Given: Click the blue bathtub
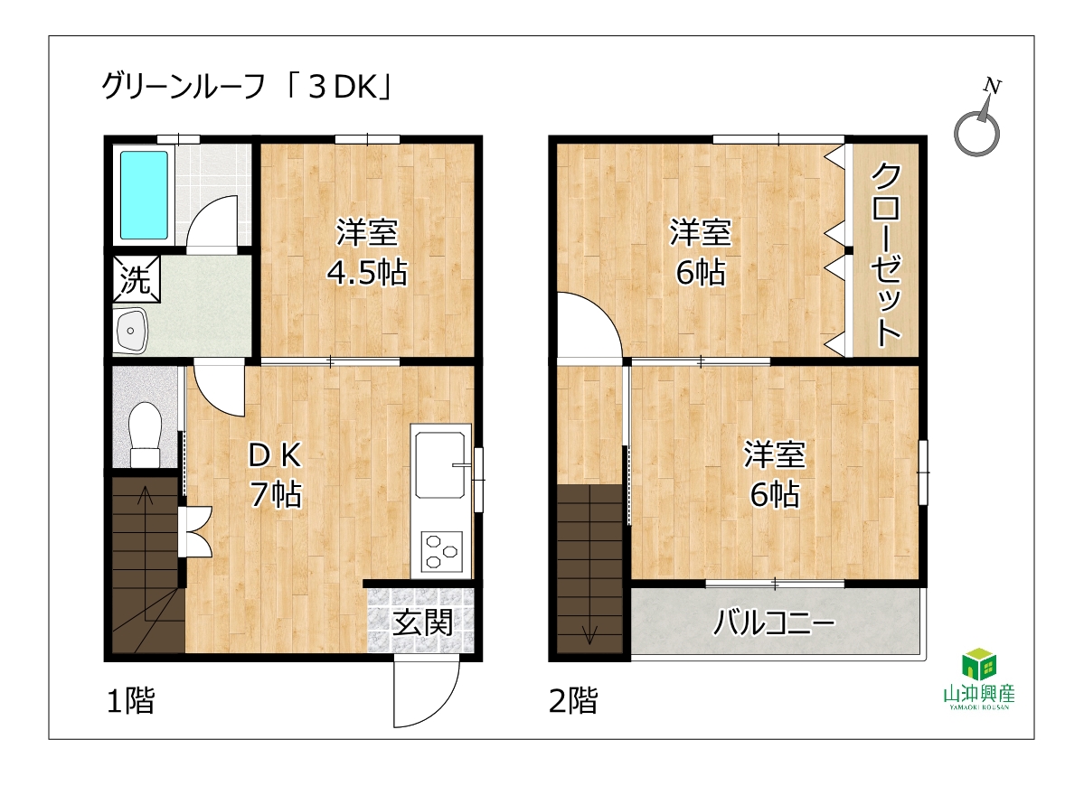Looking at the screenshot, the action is pos(144,195).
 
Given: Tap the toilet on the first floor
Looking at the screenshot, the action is pos(146,435).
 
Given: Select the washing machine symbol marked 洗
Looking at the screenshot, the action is pos(137,279).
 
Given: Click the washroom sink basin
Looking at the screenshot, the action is pos(131,331).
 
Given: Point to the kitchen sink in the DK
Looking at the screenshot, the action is pos(440,463).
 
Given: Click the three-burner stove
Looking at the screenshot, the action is pos(441,551).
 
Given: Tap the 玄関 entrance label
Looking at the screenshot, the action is pos(423,623).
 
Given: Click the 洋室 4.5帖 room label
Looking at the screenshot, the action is pos(367,252).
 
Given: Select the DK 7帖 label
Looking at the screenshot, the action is pos(276,474).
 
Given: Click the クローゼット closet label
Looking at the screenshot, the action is pos(886,254).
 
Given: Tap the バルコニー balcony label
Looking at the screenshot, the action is pos(774,623).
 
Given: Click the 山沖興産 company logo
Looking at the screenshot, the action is pos(979,679).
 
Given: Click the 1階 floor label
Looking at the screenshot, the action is pos(131,700).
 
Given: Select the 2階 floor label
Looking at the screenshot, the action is pos(573,700).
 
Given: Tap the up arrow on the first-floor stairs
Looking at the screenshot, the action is pos(146,553).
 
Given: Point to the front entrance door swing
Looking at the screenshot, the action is pos(427,692).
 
